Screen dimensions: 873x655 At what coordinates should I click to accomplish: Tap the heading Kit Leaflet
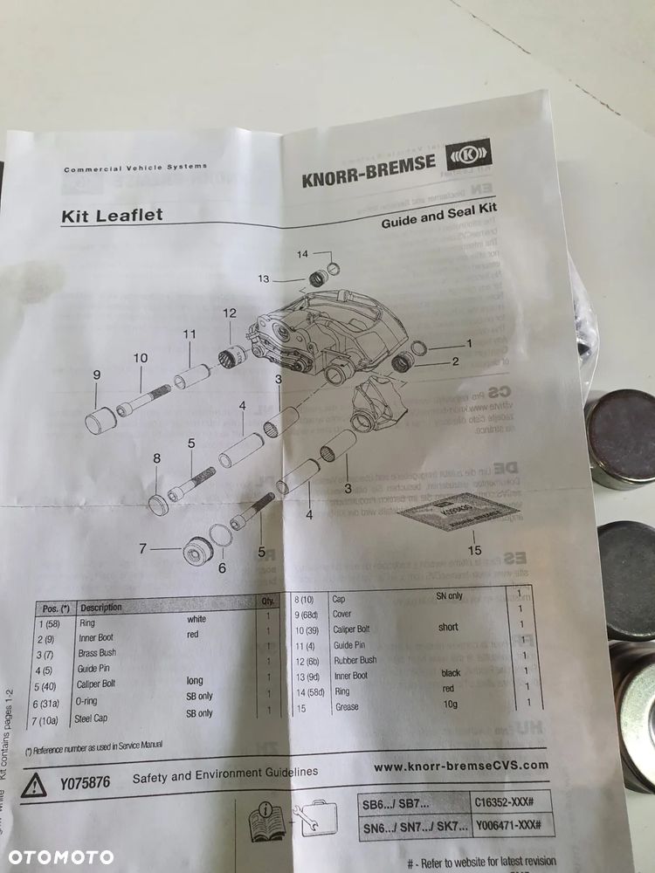click(x=111, y=215)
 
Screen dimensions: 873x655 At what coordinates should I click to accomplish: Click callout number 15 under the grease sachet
click(x=474, y=549)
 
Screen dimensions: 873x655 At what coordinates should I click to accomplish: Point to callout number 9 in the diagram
click(x=97, y=375)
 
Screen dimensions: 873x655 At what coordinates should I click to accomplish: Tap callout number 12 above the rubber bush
click(x=229, y=313)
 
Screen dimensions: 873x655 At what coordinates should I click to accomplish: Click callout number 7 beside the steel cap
click(x=142, y=548)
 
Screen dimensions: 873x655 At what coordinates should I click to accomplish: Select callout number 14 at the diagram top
click(x=302, y=254)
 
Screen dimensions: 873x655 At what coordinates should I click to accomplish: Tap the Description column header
click(x=101, y=608)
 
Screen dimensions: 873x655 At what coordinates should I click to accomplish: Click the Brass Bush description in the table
click(x=98, y=653)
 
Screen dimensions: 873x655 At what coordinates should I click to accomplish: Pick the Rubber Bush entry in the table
click(x=355, y=660)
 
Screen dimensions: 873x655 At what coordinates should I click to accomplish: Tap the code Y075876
click(x=86, y=783)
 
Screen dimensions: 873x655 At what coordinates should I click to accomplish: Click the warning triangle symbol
click(x=33, y=784)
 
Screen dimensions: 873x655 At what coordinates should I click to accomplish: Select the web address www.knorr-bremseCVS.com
click(x=461, y=766)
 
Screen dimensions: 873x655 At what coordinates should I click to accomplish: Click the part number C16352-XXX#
click(x=509, y=800)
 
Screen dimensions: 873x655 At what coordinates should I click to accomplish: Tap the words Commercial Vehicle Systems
click(x=135, y=168)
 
